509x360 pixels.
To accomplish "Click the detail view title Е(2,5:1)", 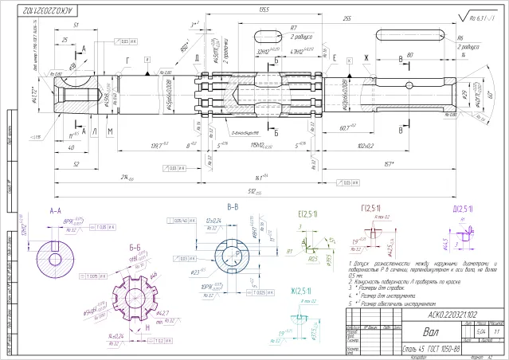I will point(308,214).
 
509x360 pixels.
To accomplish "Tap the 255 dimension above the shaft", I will point(347,17).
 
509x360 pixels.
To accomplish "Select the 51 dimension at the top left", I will point(76,25).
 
